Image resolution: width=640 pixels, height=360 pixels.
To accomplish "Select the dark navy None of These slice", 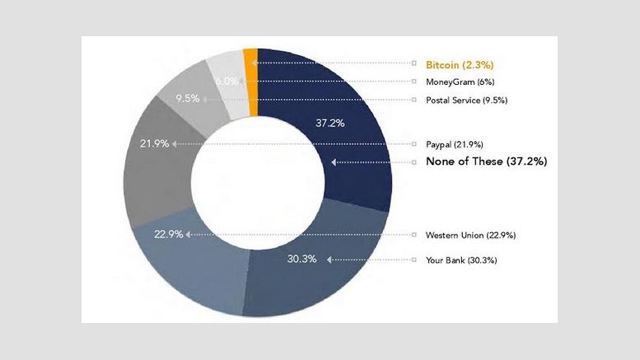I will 346,165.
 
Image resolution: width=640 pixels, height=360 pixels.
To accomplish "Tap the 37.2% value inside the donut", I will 330,123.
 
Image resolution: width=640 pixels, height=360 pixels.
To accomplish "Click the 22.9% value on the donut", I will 168,235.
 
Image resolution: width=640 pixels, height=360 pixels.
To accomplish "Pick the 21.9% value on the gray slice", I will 155,143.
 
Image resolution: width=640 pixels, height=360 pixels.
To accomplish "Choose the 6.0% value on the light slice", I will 227,82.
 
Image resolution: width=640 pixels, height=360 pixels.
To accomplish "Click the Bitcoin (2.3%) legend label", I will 459,63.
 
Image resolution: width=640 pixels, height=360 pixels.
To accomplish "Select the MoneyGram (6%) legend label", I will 459,82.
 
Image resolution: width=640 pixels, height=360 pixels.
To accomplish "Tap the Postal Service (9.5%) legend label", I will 465,101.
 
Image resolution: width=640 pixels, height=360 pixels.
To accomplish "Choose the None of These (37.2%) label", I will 486,162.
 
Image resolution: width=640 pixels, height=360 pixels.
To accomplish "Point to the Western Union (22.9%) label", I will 470,236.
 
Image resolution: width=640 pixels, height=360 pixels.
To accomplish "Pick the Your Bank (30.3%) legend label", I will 460,260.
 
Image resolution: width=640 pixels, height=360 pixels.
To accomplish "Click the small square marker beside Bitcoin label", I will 414,63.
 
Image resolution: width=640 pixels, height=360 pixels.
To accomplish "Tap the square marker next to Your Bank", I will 414,260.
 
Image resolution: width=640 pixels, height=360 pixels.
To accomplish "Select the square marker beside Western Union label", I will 414,236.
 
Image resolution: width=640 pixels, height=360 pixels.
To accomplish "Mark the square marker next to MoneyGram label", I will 414,82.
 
